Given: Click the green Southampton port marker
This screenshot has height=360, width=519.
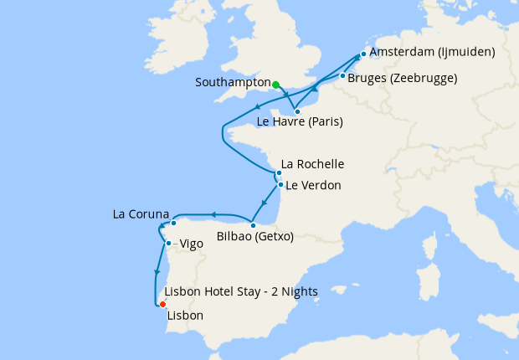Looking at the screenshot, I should tap(275, 84).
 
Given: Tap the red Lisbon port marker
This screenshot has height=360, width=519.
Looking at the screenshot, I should tap(162, 305).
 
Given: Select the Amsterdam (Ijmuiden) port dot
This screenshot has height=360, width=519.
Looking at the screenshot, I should tap(362, 55).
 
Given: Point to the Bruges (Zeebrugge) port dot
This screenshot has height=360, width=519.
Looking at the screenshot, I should tap(342, 76).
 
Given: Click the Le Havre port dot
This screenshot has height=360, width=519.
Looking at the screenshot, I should tap(297, 111).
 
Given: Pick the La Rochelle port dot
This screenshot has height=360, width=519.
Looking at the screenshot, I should tap(279, 173).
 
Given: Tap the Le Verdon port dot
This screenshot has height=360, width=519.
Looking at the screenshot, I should tap(280, 185).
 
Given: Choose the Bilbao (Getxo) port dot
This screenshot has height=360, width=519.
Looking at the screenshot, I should tap(253, 225).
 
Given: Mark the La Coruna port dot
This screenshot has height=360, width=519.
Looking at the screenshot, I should tap(173, 224).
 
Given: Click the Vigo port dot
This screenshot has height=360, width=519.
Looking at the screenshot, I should tap(169, 244).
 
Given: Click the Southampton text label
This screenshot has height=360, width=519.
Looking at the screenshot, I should tap(232, 84).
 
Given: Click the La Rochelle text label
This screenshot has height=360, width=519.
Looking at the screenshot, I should tap(312, 164).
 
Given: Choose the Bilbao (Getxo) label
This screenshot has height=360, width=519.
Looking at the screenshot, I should tap(254, 237).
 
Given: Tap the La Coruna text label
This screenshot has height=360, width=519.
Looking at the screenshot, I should tap(141, 214).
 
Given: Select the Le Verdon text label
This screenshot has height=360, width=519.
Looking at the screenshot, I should tap(313, 186).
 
